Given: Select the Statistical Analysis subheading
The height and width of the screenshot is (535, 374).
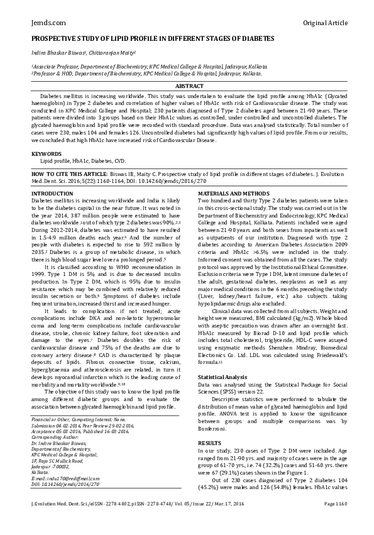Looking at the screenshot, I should click(x=223, y=377).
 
